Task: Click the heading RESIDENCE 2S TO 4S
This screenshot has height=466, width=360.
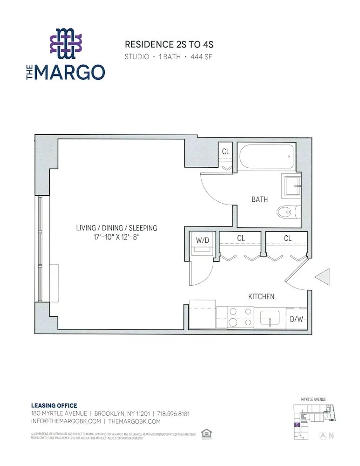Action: pos(169,45)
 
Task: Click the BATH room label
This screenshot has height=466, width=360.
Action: pos(259,199)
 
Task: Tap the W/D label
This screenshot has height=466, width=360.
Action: pos(203,241)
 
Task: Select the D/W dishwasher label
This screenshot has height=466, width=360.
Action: pos(296,320)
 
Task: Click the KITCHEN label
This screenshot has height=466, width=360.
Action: pos(261,296)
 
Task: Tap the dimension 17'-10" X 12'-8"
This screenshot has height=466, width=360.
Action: pos(117,237)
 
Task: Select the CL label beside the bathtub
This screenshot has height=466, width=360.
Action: pos(225,151)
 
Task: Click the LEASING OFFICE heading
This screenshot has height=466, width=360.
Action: pos(54,405)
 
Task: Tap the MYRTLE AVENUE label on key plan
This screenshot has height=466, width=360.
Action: pos(313,399)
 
